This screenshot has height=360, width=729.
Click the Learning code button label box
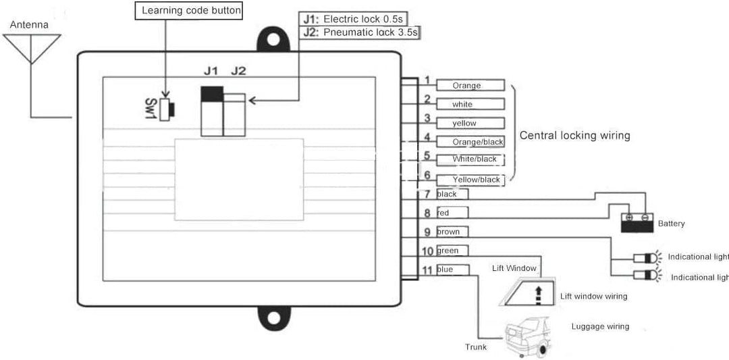pos(191,11)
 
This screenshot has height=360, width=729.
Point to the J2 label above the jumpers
pos(240,70)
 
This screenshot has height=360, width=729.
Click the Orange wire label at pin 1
pos(470,85)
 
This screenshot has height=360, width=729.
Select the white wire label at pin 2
pos(470,104)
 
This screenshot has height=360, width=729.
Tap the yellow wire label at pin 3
pos(470,123)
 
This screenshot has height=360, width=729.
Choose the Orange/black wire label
pos(470,142)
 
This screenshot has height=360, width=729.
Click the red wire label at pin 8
pos(452,213)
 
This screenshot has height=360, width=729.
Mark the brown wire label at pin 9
pos(452,232)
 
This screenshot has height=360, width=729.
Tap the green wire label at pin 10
pos(452,251)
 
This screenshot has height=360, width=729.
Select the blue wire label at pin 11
pos(452,269)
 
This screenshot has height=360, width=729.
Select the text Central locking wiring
pos(574,135)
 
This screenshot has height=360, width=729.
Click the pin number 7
pos(427,195)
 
